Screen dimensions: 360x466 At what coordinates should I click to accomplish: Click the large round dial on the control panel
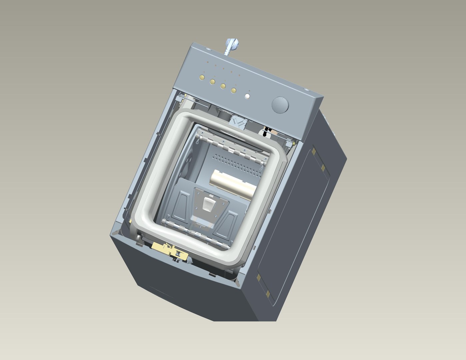(x=280, y=105)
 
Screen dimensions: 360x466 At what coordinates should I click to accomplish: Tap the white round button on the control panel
(x=247, y=96)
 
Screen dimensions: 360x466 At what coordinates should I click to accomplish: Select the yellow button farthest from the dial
(x=201, y=78)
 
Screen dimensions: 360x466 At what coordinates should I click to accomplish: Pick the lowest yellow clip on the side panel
(x=268, y=293)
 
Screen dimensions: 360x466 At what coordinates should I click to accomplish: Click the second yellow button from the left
(x=212, y=81)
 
